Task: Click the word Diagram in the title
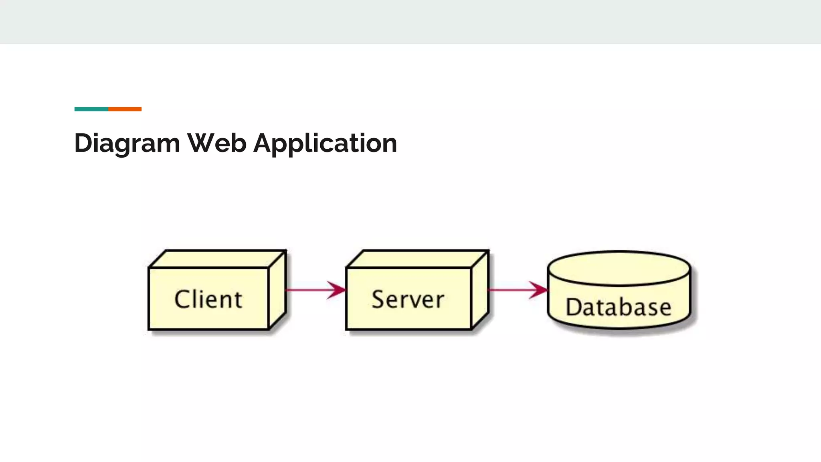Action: pos(127,144)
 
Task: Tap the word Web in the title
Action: pos(217,143)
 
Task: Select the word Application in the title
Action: pos(325,144)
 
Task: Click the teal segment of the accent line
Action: pos(91,109)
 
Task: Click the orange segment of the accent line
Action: pos(125,109)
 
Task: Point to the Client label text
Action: pos(208,299)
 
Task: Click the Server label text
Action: pos(408,299)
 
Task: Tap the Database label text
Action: pos(619,307)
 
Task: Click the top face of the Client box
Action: pos(217,259)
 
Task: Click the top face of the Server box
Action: pos(417,259)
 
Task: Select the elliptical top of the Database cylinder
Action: pos(619,268)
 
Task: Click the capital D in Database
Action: pos(573,307)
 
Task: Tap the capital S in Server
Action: pos(378,299)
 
